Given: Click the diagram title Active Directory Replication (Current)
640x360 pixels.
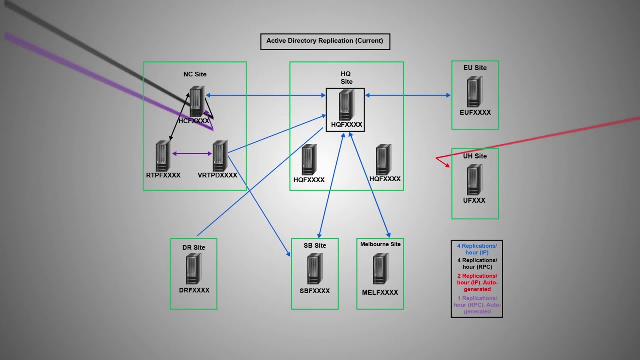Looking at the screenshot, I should click(x=325, y=41).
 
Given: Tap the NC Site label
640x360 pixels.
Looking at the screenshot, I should click(x=195, y=74).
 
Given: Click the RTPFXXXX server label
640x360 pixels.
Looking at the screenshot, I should click(x=163, y=175).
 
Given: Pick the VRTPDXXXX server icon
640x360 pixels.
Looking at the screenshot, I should click(x=220, y=156).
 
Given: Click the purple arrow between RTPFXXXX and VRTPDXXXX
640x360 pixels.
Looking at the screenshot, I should click(x=192, y=154).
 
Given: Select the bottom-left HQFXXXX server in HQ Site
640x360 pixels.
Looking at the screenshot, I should click(x=309, y=160).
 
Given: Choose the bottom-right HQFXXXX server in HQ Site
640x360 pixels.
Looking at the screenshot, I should click(x=383, y=160).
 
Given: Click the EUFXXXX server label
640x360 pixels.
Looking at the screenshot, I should click(x=475, y=113).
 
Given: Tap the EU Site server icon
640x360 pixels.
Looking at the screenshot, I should click(x=474, y=92).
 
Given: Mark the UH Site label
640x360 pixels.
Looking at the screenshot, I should click(x=475, y=156).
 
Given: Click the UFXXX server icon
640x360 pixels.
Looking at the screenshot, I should click(x=474, y=180).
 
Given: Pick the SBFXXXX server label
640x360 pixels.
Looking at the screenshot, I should click(x=315, y=291).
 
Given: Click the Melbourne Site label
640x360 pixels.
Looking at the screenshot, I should click(x=380, y=244).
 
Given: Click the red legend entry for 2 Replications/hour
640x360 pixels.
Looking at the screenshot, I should click(x=477, y=282).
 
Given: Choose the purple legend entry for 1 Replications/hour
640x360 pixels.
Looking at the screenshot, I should click(x=477, y=305).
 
